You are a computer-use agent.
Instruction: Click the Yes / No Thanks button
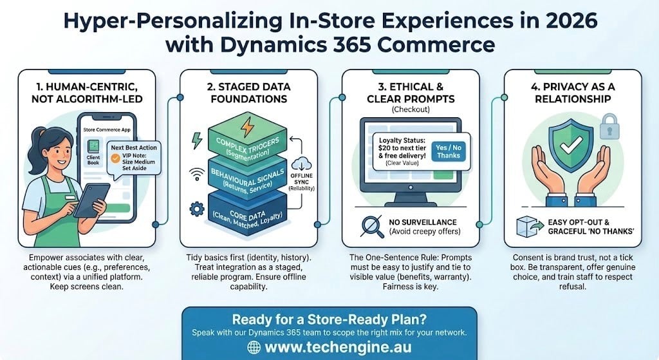point(449,151)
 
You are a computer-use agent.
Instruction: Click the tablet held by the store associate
point(90,200)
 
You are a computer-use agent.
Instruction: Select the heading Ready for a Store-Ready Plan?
point(329,320)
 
